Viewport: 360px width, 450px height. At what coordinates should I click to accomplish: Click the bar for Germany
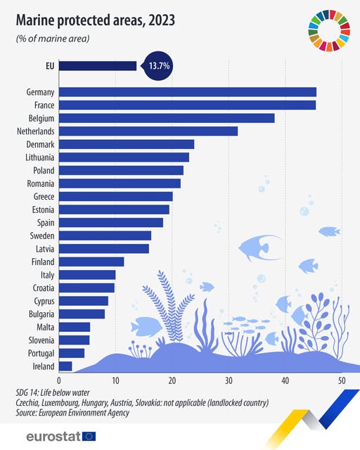[x=187, y=92]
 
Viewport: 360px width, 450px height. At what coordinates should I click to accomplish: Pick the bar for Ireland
[x=65, y=366]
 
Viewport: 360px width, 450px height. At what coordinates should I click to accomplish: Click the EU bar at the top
[x=98, y=66]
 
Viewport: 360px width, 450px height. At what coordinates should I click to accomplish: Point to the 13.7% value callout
[x=158, y=66]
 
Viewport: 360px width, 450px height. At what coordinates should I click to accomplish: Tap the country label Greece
[x=44, y=196]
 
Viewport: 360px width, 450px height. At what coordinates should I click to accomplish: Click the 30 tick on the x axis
[x=229, y=380]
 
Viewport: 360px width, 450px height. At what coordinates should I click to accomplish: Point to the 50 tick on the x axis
[x=341, y=380]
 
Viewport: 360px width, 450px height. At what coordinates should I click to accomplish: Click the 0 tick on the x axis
[x=59, y=380]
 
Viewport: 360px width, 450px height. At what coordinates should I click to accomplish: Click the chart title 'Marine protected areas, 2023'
[x=96, y=21]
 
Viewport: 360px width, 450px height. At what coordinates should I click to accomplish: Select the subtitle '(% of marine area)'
[x=53, y=39]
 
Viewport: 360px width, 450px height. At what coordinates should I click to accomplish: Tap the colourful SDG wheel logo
[x=328, y=31]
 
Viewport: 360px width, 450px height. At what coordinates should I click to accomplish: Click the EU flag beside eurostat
[x=89, y=436]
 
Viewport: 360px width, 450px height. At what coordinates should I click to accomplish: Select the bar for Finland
[x=91, y=262]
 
